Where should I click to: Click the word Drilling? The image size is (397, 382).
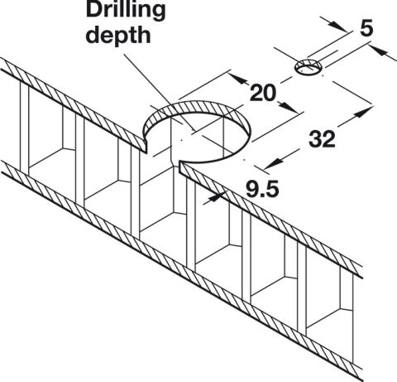(x=126, y=11)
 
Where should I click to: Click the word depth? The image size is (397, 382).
(x=118, y=36)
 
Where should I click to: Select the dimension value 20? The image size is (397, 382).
(x=262, y=93)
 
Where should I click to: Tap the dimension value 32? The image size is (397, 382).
(x=322, y=138)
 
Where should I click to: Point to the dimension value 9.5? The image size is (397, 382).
(x=262, y=189)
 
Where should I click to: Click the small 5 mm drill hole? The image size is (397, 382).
(x=309, y=67)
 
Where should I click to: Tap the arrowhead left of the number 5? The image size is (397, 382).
(x=337, y=27)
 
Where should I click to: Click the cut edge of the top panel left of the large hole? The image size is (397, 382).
(x=145, y=146)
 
